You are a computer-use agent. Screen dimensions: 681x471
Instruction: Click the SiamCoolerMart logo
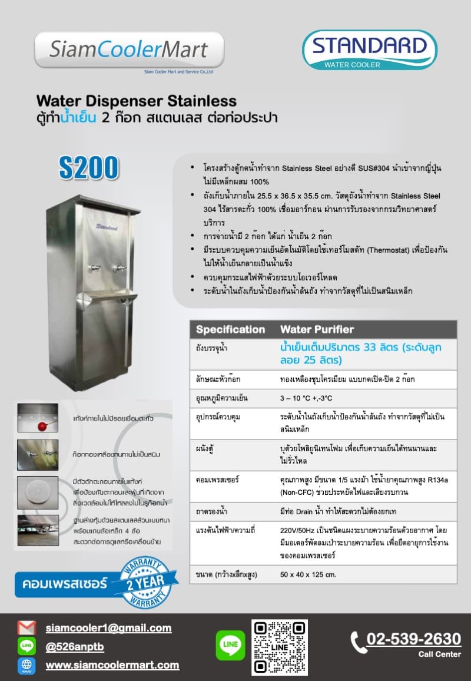pos(129,51)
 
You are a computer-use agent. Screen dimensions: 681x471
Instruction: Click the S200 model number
pos(88,168)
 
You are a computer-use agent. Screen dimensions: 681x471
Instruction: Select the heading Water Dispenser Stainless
pos(136,101)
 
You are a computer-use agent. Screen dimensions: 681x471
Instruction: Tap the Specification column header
pos(230,329)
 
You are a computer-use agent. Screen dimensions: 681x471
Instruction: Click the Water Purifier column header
pos(317,329)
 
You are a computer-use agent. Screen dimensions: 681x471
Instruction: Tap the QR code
pos(280,647)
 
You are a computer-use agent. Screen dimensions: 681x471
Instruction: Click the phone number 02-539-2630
pos(413,639)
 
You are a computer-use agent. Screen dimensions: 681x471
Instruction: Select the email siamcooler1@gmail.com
pos(108,628)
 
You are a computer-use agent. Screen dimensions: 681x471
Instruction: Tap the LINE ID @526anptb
pos(75,647)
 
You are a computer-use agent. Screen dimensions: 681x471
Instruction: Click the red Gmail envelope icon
pos(26,628)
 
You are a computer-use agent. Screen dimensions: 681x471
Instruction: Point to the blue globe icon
pos(26,665)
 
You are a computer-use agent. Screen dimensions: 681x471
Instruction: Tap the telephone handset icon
pos(358,642)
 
